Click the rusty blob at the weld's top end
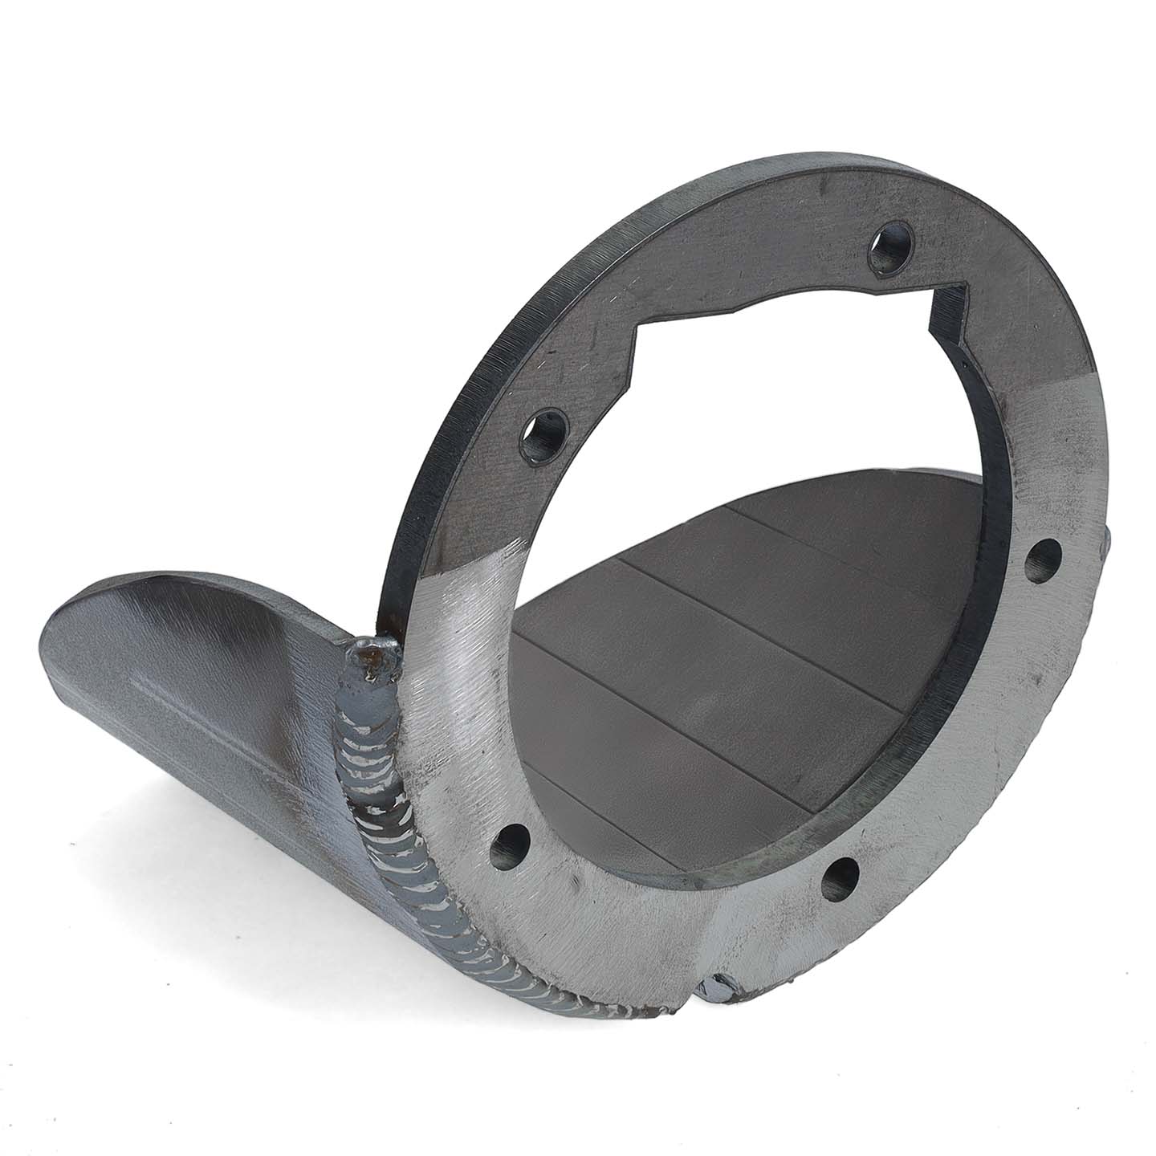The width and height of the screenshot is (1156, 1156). pyautogui.click(x=372, y=650)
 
